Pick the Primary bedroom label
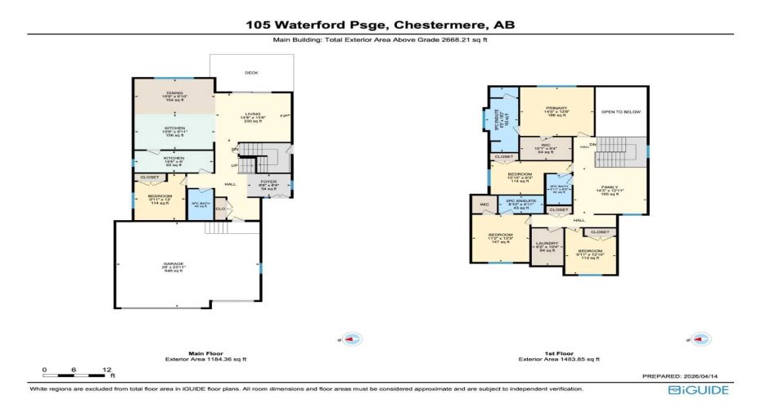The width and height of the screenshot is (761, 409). point(556,110)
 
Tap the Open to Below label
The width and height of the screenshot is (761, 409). point(620,111)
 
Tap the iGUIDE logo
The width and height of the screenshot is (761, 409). point(698,390)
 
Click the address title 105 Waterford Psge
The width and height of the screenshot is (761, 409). point(380,25)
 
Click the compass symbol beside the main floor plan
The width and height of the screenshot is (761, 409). point(350,339)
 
